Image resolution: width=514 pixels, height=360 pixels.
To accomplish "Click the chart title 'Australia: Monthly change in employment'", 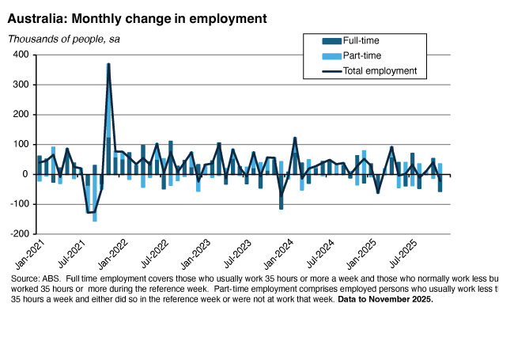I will tap(137, 17).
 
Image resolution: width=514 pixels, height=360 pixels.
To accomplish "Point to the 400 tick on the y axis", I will tap(20, 55).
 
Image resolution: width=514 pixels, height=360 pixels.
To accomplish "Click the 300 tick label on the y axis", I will tap(20, 85).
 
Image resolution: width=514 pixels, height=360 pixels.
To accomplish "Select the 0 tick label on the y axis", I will tap(25, 175).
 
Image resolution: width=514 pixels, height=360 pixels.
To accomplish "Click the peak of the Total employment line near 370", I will tap(108, 64).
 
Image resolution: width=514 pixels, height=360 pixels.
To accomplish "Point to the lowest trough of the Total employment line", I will tap(91, 212).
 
